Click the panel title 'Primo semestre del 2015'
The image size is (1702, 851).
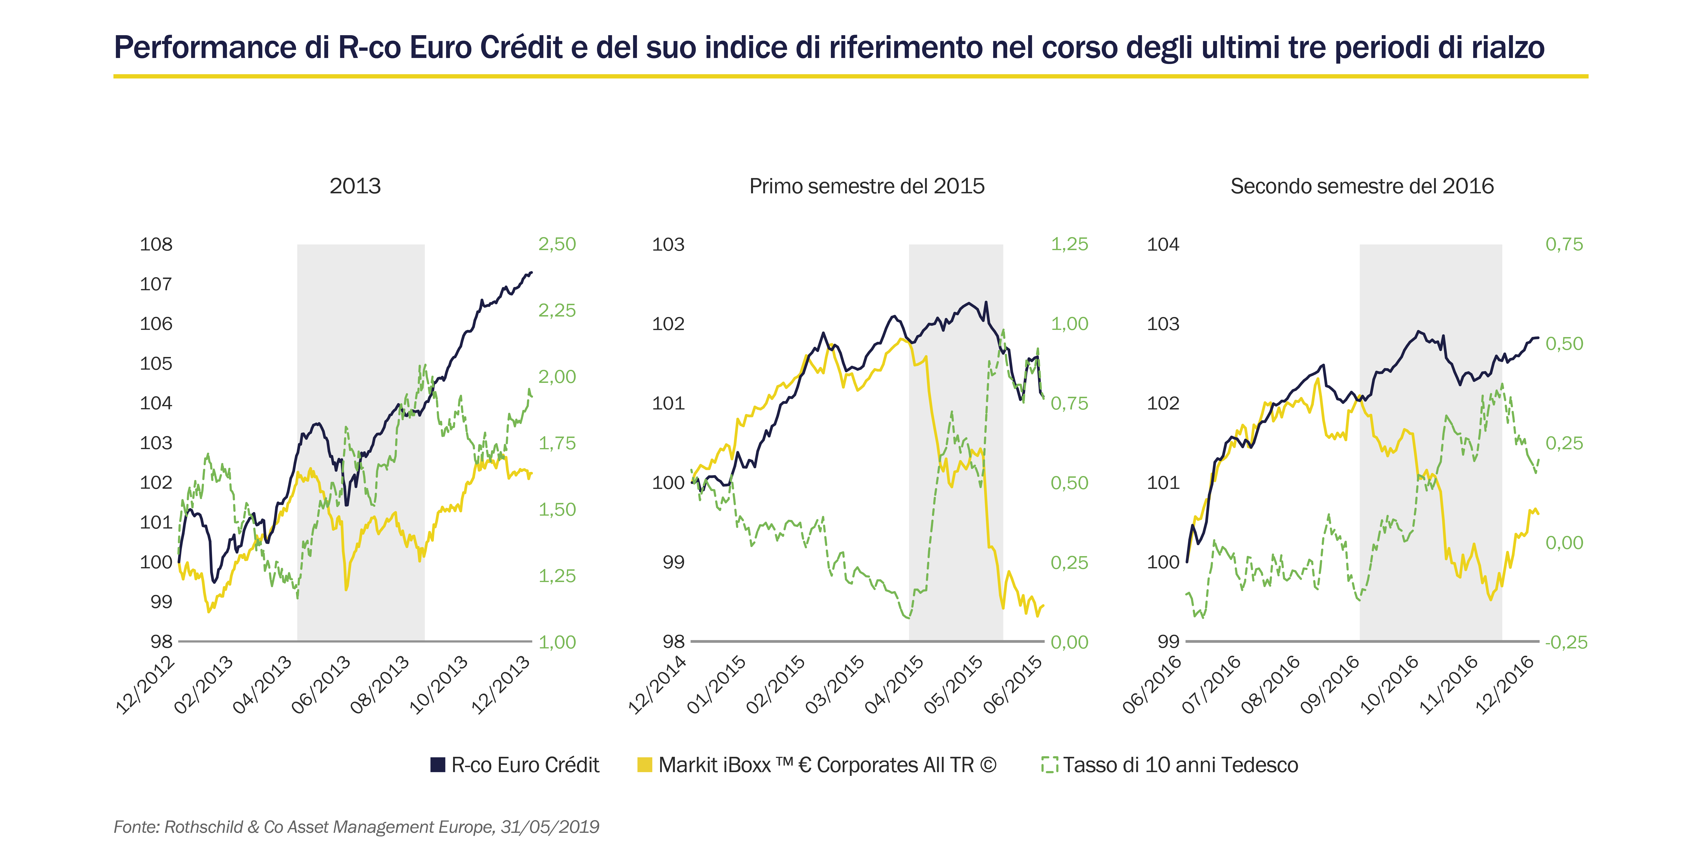[867, 186]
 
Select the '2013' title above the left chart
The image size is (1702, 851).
[355, 186]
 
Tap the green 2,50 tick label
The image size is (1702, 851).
[557, 244]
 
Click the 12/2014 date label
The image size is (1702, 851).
[657, 684]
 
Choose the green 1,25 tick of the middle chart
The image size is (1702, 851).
[1069, 244]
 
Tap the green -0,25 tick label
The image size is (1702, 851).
[1566, 642]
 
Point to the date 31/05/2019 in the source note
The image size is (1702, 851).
[550, 827]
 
